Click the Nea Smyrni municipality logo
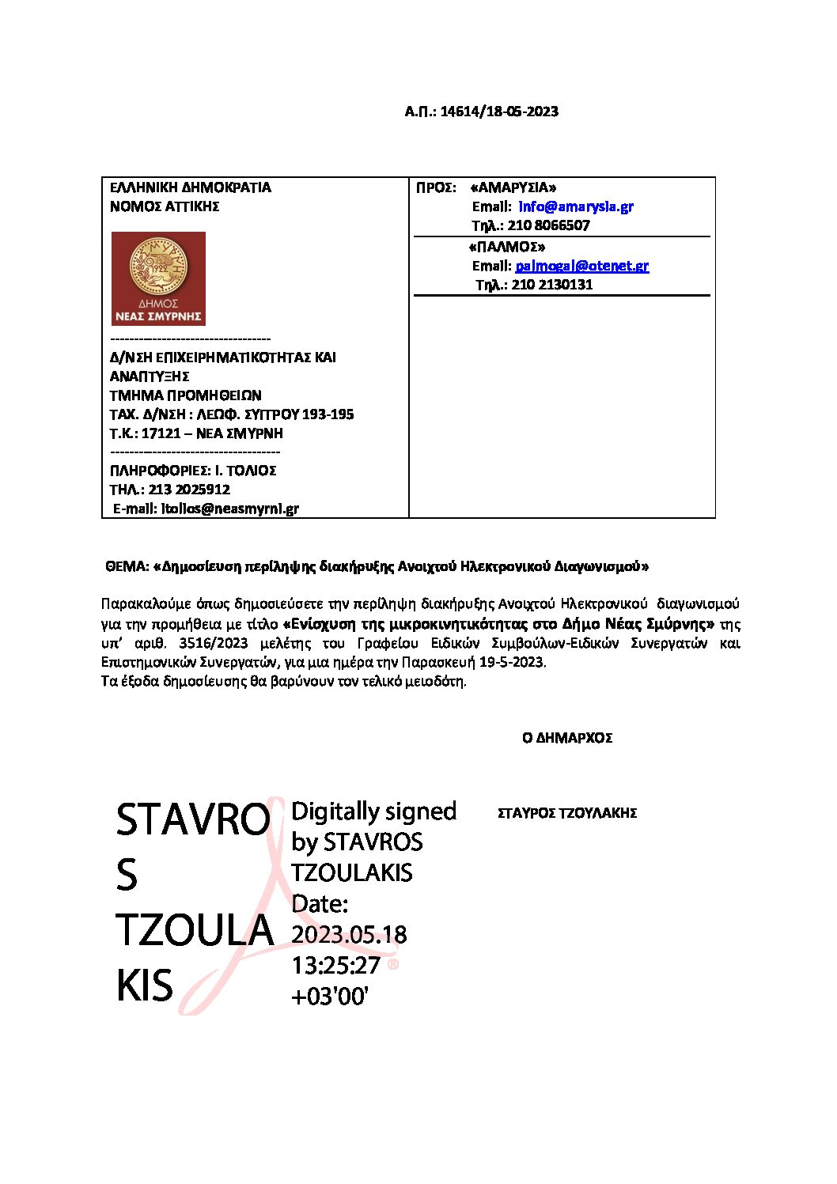point(158,278)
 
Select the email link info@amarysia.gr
point(576,206)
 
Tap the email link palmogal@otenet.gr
point(581,266)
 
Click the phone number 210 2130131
point(551,285)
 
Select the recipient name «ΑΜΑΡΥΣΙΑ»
point(513,187)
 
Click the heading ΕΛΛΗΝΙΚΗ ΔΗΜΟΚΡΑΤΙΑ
point(190,187)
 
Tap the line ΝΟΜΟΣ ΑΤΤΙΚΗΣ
point(165,206)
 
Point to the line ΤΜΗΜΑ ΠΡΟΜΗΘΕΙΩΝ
point(185,395)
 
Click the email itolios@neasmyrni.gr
point(229,509)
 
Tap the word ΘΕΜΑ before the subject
point(127,566)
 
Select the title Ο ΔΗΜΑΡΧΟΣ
point(567,738)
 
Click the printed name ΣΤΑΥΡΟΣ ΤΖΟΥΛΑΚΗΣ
point(567,813)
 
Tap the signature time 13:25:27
point(335,965)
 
